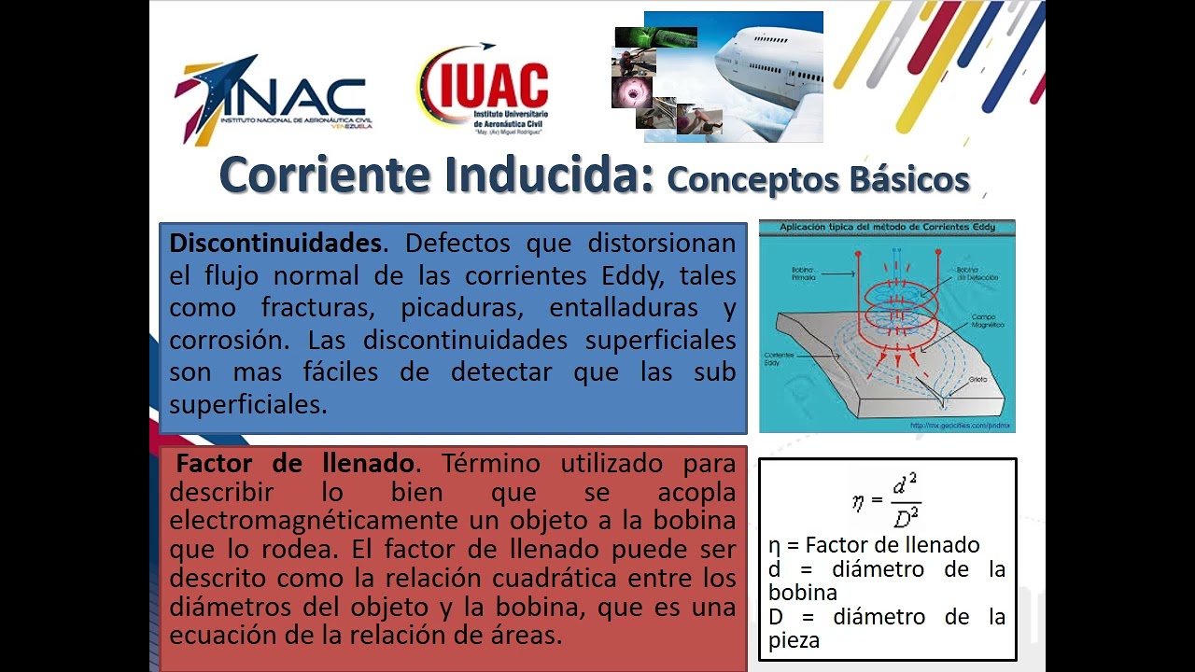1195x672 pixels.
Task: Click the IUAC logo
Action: (x=484, y=91)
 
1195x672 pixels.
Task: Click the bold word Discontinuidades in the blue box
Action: (x=275, y=244)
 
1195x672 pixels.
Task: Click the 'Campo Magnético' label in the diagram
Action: (x=987, y=322)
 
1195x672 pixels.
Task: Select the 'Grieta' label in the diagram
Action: (x=977, y=381)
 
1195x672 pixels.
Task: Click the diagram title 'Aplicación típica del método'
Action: (x=886, y=227)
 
